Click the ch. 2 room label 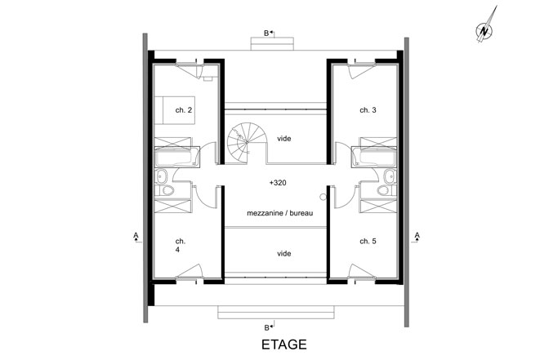click(184, 110)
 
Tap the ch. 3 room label click(368, 110)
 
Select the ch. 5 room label click(368, 242)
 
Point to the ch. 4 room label click(180, 245)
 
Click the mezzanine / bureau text click(280, 213)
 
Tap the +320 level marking click(278, 183)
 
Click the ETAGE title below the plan click(283, 344)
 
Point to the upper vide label click(284, 139)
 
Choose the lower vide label click(284, 254)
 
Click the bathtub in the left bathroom click(177, 157)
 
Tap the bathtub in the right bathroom click(374, 157)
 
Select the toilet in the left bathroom click(165, 190)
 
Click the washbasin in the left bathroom click(161, 176)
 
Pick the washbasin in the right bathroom click(390, 176)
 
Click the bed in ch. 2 click(175, 110)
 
